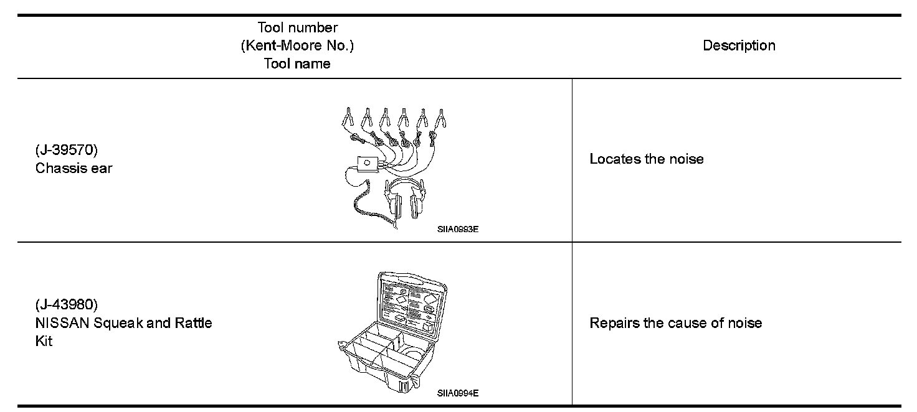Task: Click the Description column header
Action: [739, 45]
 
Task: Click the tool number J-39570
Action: [67, 151]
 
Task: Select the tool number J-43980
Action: [67, 305]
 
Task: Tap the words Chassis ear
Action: [74, 168]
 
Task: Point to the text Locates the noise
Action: [647, 159]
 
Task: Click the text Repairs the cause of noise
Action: [676, 323]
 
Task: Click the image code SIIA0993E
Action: [457, 229]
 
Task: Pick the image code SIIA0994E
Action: [457, 393]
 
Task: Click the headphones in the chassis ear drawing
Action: [405, 199]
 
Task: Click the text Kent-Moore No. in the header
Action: [297, 46]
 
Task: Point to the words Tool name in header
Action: [297, 63]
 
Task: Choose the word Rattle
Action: [193, 323]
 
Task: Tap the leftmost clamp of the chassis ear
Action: [348, 116]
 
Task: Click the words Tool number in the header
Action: [297, 28]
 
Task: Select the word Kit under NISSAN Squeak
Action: [44, 341]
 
